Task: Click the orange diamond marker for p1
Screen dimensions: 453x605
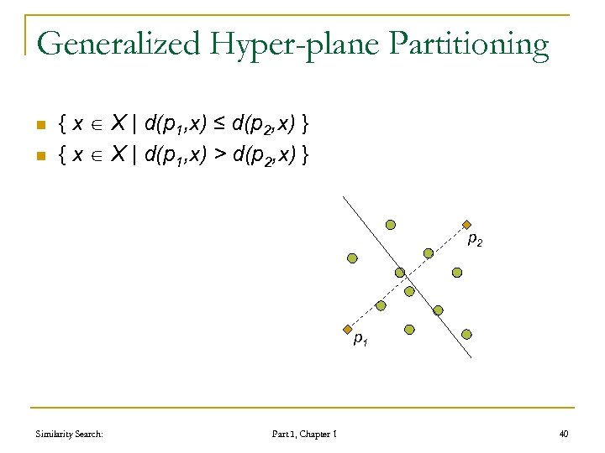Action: tap(345, 330)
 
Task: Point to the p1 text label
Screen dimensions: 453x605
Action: tap(360, 340)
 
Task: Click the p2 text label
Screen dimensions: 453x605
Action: tap(475, 241)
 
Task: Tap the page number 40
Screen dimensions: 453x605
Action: tap(563, 434)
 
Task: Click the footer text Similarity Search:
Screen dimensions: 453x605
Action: tap(71, 434)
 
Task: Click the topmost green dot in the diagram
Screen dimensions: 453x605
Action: tap(391, 225)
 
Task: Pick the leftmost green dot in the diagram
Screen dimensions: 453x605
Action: tap(353, 258)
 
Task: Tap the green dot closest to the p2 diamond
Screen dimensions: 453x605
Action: tap(429, 253)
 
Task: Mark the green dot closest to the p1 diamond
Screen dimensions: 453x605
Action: tap(381, 306)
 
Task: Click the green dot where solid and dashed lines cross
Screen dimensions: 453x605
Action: tap(400, 273)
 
